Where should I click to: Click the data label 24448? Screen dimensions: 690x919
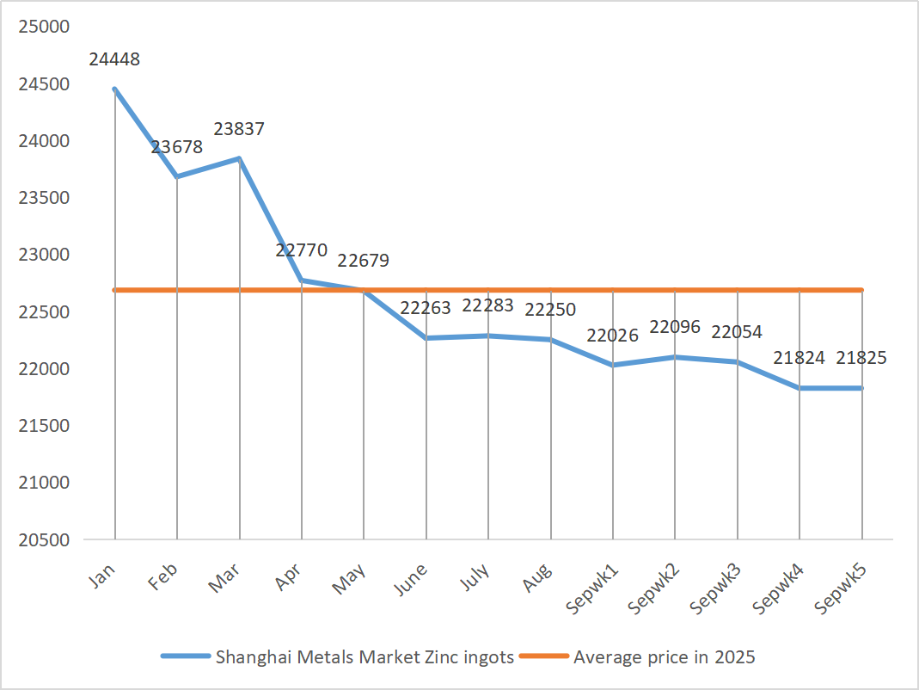114,60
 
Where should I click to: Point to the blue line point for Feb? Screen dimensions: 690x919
177,176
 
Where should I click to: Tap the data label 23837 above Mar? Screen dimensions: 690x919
239,129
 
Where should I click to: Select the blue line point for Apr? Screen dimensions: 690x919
302,280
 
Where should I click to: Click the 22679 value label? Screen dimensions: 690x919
364,261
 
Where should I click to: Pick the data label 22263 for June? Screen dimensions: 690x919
426,308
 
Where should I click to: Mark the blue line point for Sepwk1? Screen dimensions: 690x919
613,365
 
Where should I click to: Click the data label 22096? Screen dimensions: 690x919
675,327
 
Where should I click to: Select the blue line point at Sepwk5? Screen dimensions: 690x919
861,388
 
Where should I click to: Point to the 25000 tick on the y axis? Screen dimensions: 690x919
43,27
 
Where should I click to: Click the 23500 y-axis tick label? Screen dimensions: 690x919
43,198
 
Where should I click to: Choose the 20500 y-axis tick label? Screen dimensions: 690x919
43,539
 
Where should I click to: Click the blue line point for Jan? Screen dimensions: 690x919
114,89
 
